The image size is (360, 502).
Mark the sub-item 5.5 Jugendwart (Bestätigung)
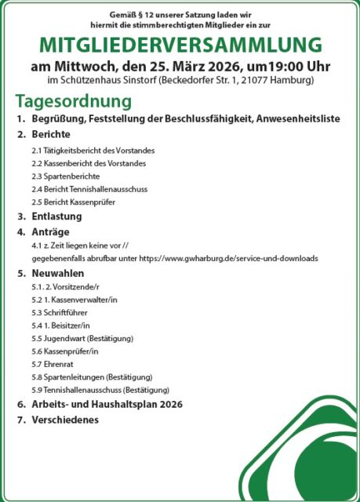click(82, 338)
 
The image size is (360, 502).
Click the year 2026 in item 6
click(169, 404)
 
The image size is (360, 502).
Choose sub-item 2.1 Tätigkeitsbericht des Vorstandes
click(93, 150)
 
